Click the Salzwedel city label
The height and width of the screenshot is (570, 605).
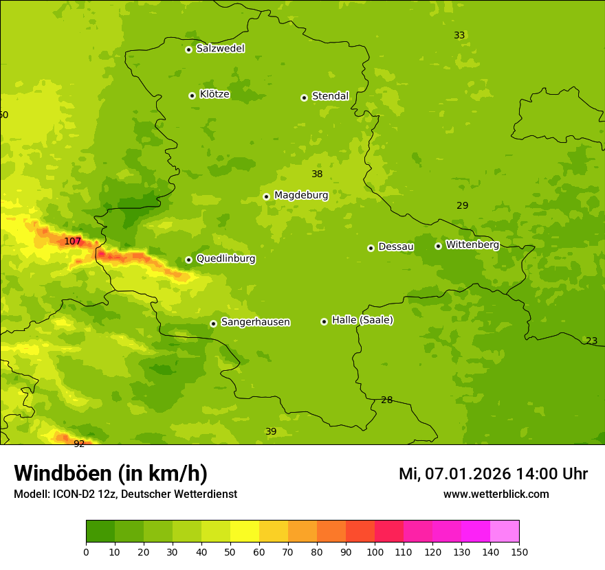[220, 49]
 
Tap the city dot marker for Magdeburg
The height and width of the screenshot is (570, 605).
[266, 196]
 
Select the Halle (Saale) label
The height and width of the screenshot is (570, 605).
[362, 320]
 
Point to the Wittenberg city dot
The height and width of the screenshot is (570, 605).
[438, 246]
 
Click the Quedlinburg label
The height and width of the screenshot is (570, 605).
[225, 259]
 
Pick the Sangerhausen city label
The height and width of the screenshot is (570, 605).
[255, 322]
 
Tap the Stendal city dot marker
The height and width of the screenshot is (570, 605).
[304, 98]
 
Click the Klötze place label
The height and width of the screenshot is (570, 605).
[214, 95]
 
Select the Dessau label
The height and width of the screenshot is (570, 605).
[396, 247]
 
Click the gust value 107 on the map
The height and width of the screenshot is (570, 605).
[73, 241]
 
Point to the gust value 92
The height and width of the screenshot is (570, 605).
[79, 444]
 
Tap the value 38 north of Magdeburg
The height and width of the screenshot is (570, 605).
[317, 174]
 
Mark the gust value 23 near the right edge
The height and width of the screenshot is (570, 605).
[591, 341]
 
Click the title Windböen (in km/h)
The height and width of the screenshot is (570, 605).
[111, 473]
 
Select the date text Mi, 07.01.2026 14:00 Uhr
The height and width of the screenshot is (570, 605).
[493, 474]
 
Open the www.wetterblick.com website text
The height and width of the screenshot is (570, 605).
[496, 494]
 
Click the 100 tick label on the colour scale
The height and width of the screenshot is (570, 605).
[375, 551]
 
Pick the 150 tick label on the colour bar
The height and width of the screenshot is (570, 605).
[519, 551]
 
